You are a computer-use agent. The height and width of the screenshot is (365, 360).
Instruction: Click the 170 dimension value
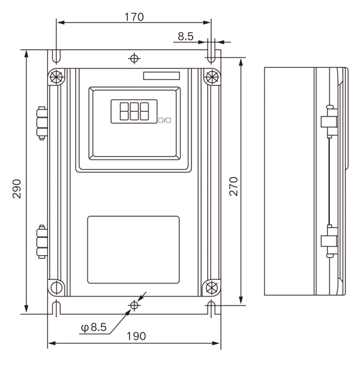134,17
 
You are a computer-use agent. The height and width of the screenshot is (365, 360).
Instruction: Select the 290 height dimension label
17,189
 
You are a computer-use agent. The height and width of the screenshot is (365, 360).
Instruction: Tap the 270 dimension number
233,186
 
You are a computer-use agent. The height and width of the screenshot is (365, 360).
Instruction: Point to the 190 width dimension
136,336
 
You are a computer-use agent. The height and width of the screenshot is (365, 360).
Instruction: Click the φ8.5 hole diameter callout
94,327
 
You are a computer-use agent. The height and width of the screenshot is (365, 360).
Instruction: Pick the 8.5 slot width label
185,36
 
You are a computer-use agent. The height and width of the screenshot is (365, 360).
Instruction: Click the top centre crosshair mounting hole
134,58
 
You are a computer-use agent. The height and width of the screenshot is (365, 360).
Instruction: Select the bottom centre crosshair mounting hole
134,305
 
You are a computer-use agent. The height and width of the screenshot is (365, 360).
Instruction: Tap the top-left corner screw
56,77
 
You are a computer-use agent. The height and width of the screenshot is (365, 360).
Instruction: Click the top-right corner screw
212,77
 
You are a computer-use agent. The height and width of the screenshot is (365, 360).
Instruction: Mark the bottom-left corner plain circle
56,288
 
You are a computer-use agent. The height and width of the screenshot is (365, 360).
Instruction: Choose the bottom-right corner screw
212,288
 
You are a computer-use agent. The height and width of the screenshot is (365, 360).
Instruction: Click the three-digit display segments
134,111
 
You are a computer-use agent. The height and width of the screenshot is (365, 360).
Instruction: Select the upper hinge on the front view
42,123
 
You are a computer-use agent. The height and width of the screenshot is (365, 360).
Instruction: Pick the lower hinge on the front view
42,241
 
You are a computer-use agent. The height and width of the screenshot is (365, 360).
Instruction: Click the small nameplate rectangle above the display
161,76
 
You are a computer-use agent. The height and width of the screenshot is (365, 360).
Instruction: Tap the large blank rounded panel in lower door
133,250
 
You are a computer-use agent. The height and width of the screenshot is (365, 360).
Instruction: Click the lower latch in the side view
329,241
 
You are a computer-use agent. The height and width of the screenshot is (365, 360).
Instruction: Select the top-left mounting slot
56,56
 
